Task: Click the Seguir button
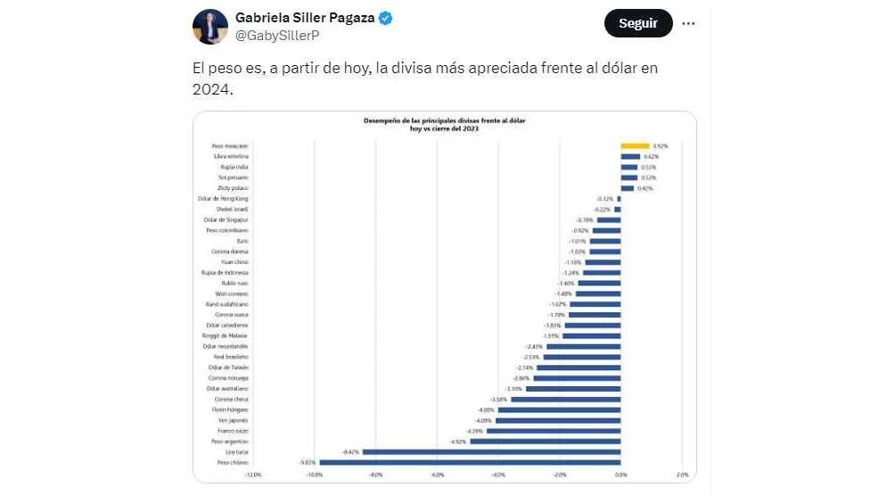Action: point(637,23)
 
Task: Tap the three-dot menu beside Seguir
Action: point(688,24)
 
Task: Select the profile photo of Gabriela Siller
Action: point(209,27)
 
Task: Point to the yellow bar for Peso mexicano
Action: point(635,145)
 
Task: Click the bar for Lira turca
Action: point(491,451)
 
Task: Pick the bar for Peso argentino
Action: point(545,441)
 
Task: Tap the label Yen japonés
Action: point(233,420)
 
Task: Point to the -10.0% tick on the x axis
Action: point(314,475)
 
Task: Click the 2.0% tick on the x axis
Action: point(682,475)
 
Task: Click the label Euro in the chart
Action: point(242,241)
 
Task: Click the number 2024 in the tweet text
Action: point(210,90)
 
